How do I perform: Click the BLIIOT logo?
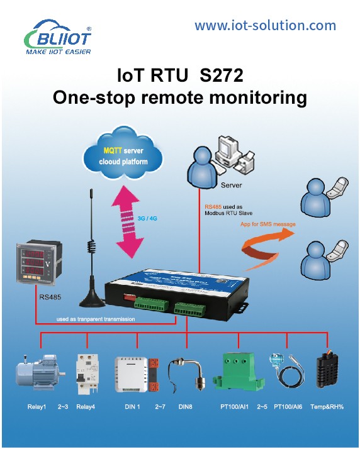[58, 37]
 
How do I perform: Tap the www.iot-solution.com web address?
[265, 26]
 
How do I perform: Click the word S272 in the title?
[222, 75]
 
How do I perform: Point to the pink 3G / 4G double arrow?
[127, 221]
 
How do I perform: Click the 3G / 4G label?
[147, 218]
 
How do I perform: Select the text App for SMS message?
[267, 224]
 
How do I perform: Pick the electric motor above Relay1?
[40, 372]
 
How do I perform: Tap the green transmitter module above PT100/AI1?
[239, 372]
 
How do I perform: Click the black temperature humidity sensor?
[327, 370]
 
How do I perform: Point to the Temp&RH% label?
[327, 407]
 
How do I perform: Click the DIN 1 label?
[132, 407]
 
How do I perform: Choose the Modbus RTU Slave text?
[228, 213]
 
